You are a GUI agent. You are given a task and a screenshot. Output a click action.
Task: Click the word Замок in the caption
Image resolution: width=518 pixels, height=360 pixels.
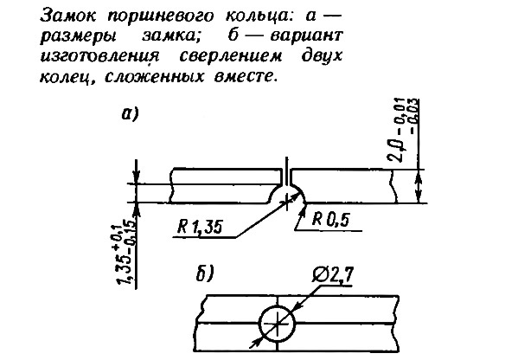(x=68, y=16)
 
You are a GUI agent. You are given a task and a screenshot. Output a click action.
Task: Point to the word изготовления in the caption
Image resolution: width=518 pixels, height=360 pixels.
(x=99, y=56)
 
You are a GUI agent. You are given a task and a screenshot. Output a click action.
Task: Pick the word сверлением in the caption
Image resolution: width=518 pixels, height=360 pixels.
(x=231, y=56)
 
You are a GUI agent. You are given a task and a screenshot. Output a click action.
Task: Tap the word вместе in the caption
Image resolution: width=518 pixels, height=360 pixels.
(x=245, y=76)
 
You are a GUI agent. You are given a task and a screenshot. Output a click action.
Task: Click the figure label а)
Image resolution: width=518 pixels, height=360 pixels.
(x=130, y=114)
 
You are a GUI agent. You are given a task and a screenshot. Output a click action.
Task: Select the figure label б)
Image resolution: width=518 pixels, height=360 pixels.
(x=206, y=274)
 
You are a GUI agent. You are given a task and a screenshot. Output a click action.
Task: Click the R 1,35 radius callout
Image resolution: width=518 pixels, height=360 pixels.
(x=200, y=227)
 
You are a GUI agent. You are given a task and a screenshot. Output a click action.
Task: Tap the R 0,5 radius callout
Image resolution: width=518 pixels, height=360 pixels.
(x=330, y=219)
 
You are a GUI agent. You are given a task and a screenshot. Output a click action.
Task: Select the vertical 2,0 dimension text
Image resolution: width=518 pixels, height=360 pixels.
(x=404, y=131)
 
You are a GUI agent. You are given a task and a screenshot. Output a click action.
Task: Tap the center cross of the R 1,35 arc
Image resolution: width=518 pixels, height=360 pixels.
(x=287, y=202)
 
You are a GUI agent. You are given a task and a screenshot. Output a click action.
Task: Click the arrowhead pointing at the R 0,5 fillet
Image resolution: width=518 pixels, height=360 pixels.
(x=302, y=209)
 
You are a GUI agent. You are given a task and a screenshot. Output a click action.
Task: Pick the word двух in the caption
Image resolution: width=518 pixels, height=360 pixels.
(x=322, y=56)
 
